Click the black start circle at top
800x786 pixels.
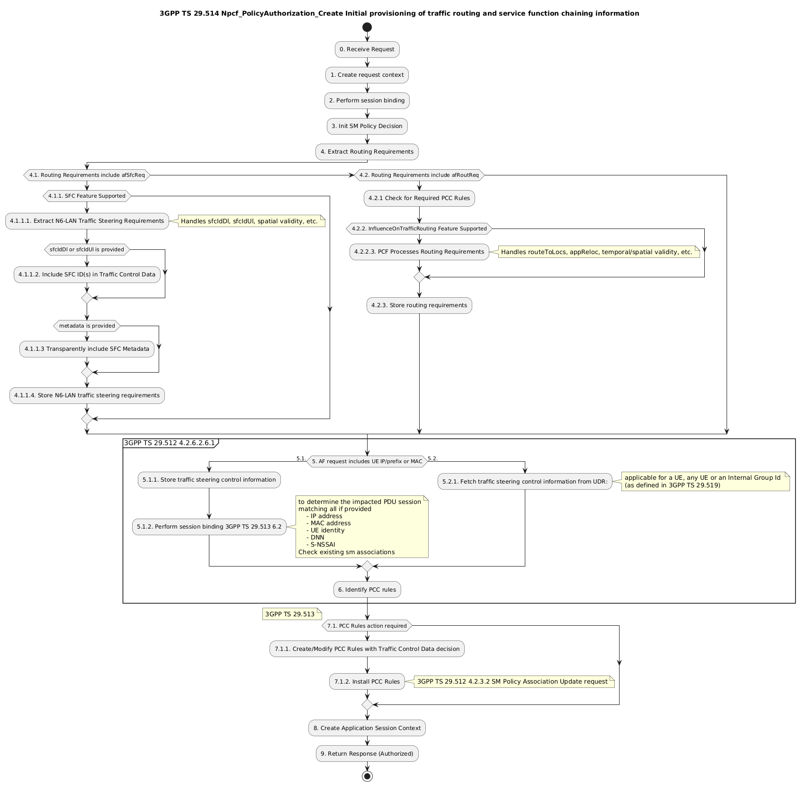click(x=367, y=27)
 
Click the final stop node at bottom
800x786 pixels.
click(x=367, y=776)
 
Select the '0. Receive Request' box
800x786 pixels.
click(x=367, y=49)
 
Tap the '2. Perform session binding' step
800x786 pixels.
click(x=367, y=101)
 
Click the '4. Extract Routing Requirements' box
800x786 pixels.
click(x=367, y=152)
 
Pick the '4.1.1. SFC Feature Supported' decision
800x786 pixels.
click(x=87, y=196)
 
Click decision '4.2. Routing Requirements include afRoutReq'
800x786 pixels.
click(x=419, y=175)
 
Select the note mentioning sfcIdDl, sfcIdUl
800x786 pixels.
click(x=250, y=221)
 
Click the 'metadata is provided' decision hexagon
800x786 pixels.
click(x=87, y=326)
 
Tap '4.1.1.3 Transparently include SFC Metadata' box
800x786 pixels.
click(x=87, y=349)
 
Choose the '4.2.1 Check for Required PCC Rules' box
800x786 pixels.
click(x=419, y=198)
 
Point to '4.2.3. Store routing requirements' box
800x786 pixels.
click(x=419, y=305)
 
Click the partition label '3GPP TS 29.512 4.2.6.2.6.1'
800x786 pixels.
click(x=170, y=443)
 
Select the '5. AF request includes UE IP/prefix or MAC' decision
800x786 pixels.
click(x=367, y=461)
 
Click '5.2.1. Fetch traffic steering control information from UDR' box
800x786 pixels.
click(x=525, y=481)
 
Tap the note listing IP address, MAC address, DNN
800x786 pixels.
click(x=361, y=527)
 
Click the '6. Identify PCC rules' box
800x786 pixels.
click(x=367, y=590)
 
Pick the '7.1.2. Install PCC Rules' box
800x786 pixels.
click(x=367, y=682)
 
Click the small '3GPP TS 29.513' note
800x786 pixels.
click(x=290, y=614)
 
